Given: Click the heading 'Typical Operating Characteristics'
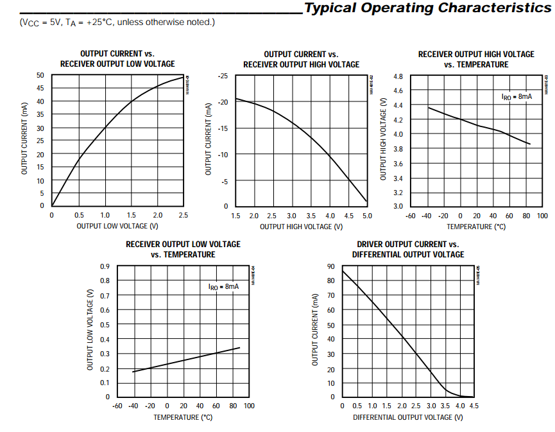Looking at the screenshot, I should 427,8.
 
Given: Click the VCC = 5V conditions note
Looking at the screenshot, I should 117,23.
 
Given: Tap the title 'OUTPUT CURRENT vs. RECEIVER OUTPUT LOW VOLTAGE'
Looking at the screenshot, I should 117,59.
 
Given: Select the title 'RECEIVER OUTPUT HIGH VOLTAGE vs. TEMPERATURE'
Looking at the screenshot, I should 476,59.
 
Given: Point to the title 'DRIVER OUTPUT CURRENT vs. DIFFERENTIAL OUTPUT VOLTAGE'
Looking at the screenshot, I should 408,250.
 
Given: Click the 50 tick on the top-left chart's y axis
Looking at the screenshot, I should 40,75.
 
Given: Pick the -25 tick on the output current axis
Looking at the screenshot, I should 223,76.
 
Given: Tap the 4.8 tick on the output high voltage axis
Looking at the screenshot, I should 398,76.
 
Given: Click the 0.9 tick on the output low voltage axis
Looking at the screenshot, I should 105,266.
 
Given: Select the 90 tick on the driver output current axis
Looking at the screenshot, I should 330,266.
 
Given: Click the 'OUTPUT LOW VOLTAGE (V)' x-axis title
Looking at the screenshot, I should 117,226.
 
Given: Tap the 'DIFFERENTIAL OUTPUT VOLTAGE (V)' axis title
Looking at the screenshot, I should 408,417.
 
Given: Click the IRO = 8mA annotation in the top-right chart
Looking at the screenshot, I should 517,96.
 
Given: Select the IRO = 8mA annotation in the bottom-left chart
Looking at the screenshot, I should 223,286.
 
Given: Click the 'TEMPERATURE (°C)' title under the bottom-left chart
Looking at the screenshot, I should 183,417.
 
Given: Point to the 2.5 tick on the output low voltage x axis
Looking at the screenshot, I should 184,216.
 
